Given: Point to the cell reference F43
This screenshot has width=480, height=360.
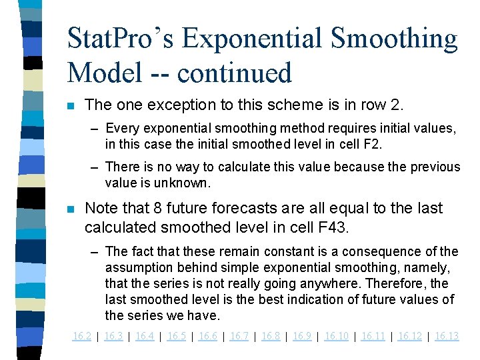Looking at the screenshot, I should (x=328, y=227).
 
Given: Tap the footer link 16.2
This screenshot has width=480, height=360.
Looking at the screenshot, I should (x=81, y=336).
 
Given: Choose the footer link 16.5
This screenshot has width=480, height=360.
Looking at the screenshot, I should (x=176, y=336).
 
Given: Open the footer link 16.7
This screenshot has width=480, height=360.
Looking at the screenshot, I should (x=239, y=336).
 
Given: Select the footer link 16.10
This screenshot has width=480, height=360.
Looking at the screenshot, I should (x=336, y=336).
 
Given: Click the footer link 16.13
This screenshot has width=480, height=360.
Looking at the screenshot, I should (x=447, y=336).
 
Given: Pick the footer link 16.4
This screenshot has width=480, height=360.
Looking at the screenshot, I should (x=145, y=336).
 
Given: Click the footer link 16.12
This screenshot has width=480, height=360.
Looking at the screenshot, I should (x=409, y=336).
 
